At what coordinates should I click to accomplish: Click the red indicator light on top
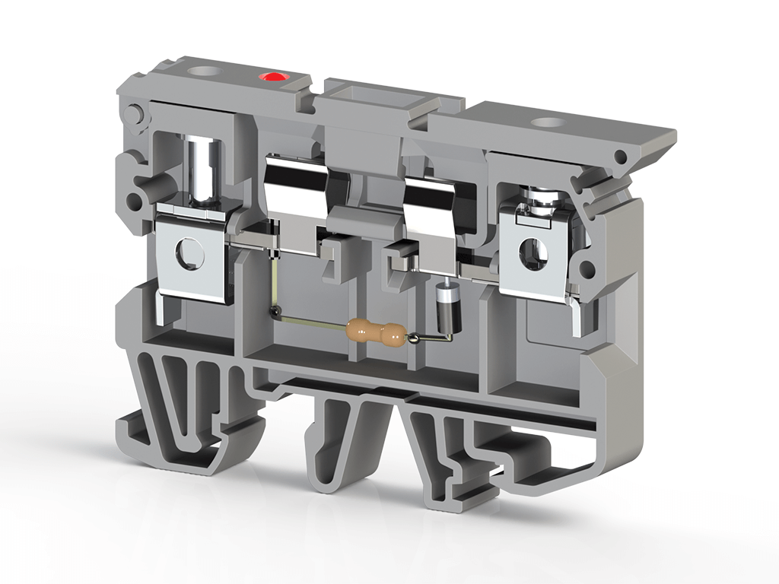click(272, 76)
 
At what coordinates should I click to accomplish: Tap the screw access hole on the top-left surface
click(203, 73)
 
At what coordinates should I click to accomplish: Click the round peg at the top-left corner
click(135, 113)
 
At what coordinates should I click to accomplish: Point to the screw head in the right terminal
click(542, 199)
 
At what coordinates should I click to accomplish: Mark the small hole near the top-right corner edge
click(621, 157)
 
